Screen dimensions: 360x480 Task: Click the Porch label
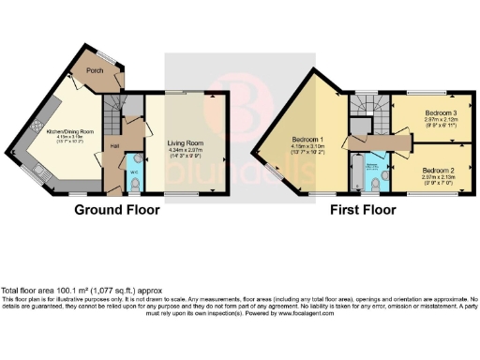(95, 69)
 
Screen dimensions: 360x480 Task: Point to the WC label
(134, 172)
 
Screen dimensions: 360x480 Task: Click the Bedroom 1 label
(307, 140)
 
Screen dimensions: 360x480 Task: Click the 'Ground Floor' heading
(113, 210)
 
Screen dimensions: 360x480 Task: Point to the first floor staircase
(358, 111)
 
